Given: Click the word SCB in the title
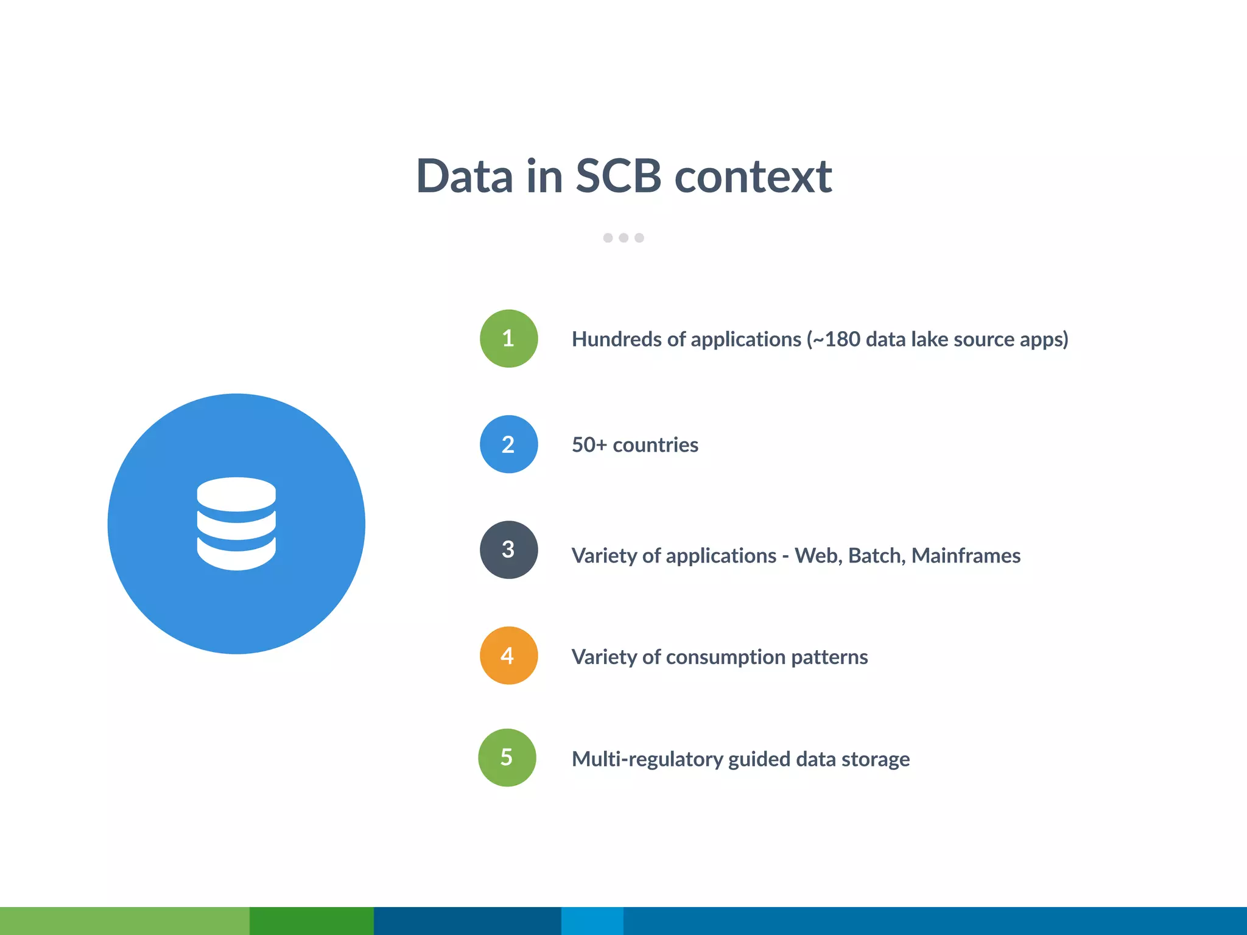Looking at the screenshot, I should tap(618, 177).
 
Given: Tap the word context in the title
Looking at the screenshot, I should tap(753, 177).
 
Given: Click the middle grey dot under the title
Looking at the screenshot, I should tap(623, 238).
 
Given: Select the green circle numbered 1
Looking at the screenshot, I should tap(508, 338).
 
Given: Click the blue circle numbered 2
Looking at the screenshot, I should tap(508, 444).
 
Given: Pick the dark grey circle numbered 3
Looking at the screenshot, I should tap(508, 550).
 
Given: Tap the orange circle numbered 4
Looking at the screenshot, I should tap(508, 656).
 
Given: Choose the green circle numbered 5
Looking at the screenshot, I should tap(507, 757).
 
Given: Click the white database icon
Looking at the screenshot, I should tap(236, 524).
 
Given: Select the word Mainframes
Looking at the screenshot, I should tap(966, 556).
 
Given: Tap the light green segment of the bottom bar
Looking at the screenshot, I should tap(124, 920).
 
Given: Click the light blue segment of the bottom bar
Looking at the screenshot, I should tap(592, 920).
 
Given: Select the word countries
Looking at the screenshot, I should tap(655, 445).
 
